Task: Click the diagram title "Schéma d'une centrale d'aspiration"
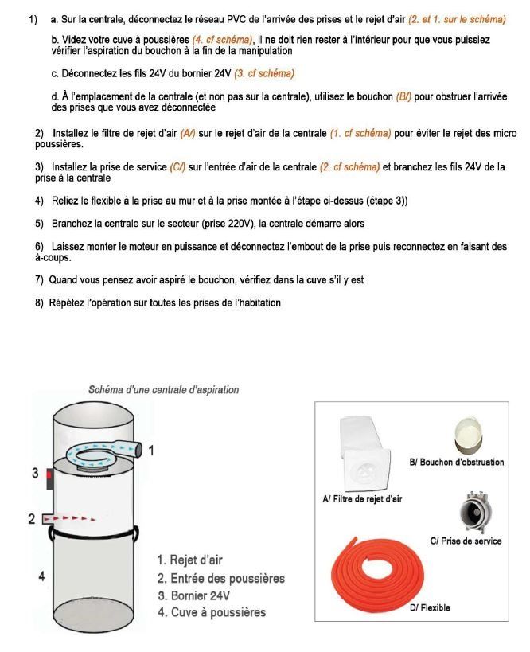pyautogui.click(x=163, y=390)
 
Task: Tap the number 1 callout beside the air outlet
pyautogui.click(x=151, y=451)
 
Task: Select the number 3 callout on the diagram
pyautogui.click(x=35, y=473)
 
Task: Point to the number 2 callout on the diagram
pyautogui.click(x=31, y=519)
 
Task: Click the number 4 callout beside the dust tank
pyautogui.click(x=40, y=576)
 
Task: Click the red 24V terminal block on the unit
pyautogui.click(x=49, y=478)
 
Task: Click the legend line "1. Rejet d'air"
pyautogui.click(x=190, y=560)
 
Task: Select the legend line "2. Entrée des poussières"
pyautogui.click(x=220, y=578)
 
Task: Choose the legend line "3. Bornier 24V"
pyautogui.click(x=194, y=595)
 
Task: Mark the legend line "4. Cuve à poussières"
pyautogui.click(x=212, y=612)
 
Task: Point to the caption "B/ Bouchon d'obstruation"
pyautogui.click(x=456, y=462)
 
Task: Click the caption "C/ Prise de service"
pyautogui.click(x=466, y=541)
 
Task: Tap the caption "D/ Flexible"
pyautogui.click(x=430, y=607)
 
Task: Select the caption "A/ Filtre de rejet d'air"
pyautogui.click(x=362, y=499)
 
